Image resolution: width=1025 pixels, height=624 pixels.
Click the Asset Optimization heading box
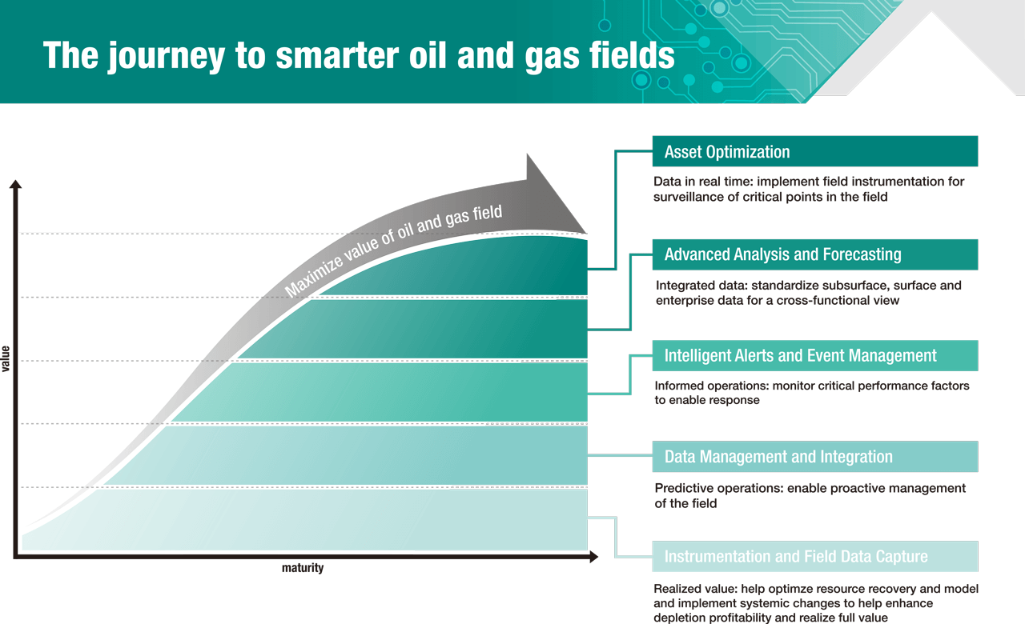pyautogui.click(x=814, y=151)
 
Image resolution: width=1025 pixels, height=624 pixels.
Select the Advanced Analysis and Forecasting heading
pyautogui.click(x=814, y=254)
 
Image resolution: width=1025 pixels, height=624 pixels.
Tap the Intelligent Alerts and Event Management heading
pyautogui.click(x=814, y=355)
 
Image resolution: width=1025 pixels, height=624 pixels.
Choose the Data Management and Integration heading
pyautogui.click(x=814, y=457)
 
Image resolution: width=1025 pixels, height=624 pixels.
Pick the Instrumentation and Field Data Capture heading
pyautogui.click(x=814, y=557)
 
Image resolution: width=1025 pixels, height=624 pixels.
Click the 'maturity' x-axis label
pyautogui.click(x=303, y=568)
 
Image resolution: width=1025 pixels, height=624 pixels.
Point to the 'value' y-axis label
pyautogui.click(x=6, y=358)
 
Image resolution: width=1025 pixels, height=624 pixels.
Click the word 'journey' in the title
pyautogui.click(x=180, y=55)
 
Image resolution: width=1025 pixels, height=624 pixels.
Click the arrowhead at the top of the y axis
pyautogui.click(x=15, y=186)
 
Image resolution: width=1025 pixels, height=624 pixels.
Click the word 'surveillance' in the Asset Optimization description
pyautogui.click(x=690, y=197)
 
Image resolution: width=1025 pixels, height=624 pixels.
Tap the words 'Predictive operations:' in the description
pyautogui.click(x=718, y=488)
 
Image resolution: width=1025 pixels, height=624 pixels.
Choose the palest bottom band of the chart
pyautogui.click(x=320, y=520)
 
